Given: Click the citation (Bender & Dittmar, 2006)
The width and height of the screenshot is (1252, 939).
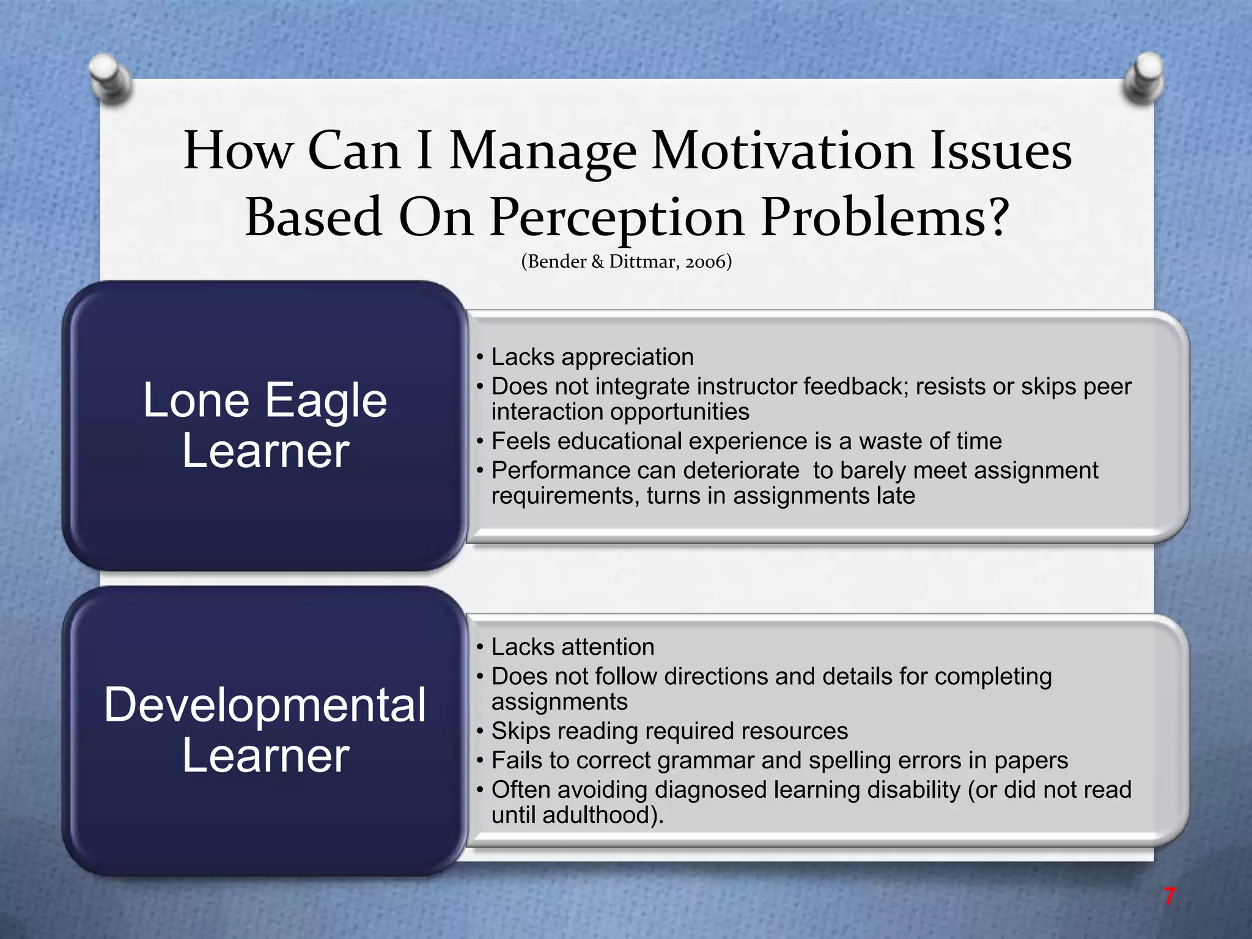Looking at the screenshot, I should tap(626, 262).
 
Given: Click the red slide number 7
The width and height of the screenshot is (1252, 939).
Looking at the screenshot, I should tap(1169, 896).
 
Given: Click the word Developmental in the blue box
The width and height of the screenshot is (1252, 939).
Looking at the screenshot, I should tap(265, 705).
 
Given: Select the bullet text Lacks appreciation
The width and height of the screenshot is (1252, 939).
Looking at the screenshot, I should tap(592, 357).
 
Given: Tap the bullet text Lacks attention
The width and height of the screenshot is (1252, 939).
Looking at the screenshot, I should tap(572, 647).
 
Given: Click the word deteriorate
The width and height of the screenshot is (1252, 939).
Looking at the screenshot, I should tap(740, 470).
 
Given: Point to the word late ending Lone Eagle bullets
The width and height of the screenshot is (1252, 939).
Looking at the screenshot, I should tap(896, 495).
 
